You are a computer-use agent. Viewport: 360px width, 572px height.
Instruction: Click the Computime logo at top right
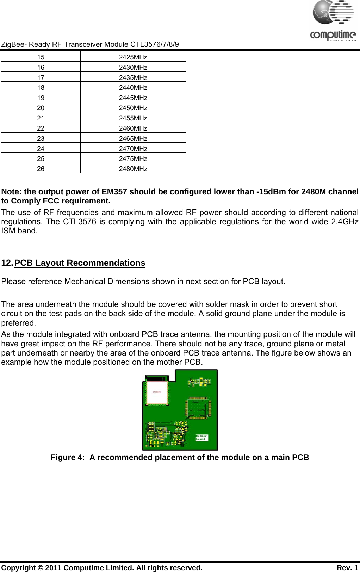click(333, 21)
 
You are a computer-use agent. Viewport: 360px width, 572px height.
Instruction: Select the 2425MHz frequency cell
click(133, 57)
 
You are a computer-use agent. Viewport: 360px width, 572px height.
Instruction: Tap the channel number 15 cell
click(41, 57)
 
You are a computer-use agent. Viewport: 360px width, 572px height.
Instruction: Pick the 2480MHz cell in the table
click(133, 169)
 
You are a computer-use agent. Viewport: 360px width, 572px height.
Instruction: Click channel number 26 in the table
click(41, 169)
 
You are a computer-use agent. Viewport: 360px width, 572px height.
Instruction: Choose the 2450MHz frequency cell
click(133, 108)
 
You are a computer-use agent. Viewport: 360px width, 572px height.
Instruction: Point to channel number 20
click(41, 108)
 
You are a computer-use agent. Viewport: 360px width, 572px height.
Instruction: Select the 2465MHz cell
click(133, 138)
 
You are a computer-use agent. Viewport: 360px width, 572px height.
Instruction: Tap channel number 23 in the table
click(41, 138)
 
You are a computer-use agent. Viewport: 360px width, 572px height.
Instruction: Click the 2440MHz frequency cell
click(133, 87)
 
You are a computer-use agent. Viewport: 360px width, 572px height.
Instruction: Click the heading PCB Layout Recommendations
click(80, 263)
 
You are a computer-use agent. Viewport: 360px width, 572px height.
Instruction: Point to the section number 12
click(7, 263)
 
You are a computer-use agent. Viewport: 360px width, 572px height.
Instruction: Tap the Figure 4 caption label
click(68, 458)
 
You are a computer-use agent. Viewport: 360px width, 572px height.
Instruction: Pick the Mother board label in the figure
click(202, 438)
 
